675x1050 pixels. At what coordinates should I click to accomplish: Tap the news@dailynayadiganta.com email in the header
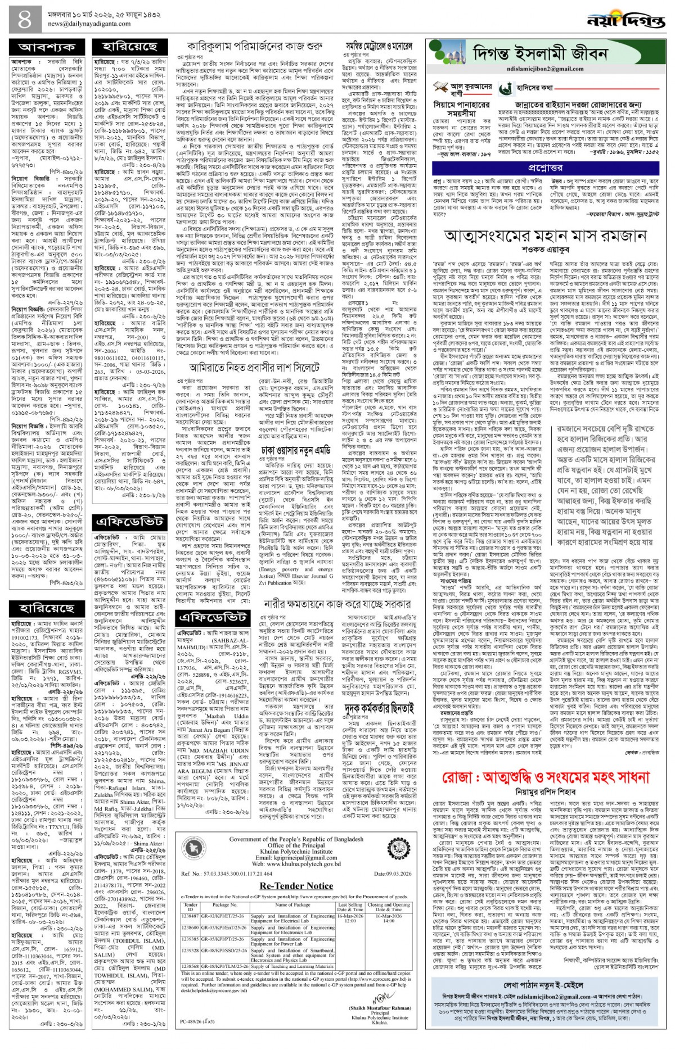coord(89,24)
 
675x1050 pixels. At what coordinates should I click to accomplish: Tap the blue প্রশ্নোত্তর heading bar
coord(545,168)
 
